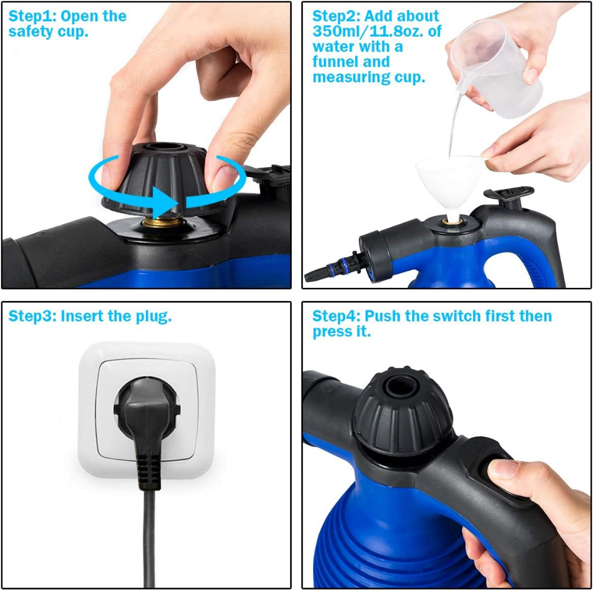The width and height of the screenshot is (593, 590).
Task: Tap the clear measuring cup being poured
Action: tap(495, 68)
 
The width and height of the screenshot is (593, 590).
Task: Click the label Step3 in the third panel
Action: tap(33, 316)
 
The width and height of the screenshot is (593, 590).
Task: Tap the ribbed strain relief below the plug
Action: tap(148, 472)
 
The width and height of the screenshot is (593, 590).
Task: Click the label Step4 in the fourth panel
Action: tap(337, 316)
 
